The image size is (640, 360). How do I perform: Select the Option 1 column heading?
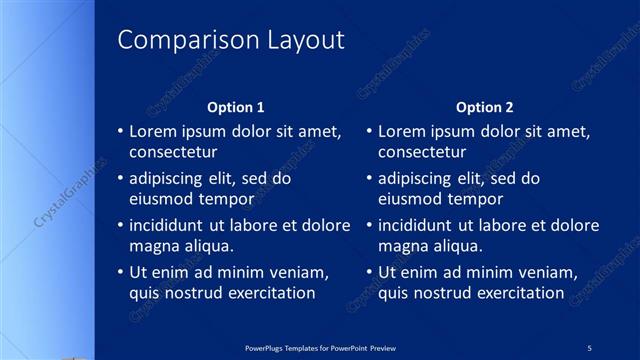[x=236, y=107]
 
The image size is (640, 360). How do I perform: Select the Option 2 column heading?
[x=485, y=107]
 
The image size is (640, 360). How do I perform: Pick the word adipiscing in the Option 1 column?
[x=170, y=179]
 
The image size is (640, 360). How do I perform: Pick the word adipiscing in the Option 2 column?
[x=419, y=179]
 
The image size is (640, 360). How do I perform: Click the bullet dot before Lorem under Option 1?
[x=120, y=131]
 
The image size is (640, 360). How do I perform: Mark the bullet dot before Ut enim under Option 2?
[x=369, y=272]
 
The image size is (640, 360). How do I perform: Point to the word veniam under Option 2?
[x=548, y=272]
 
